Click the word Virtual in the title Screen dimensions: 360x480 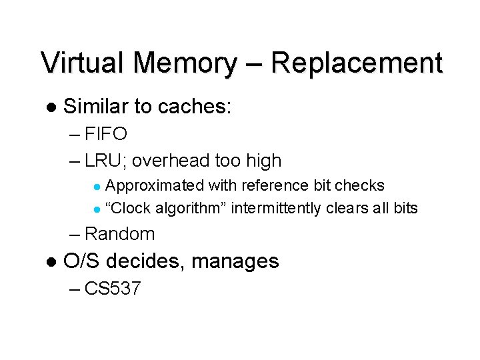point(83,63)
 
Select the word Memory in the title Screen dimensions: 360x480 point(184,63)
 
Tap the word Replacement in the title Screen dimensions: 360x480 point(357,63)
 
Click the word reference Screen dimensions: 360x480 point(276,185)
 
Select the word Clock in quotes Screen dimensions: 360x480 point(133,208)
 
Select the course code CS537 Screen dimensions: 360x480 point(113,289)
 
